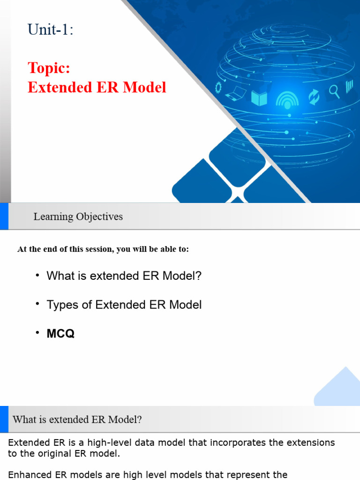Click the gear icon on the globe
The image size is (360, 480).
[218, 88]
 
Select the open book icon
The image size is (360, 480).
[259, 98]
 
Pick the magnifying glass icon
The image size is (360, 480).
[334, 91]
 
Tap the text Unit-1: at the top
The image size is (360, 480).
[50, 30]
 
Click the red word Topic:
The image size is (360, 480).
[49, 68]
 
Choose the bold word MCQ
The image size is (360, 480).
[60, 334]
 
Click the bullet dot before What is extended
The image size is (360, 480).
[37, 275]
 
